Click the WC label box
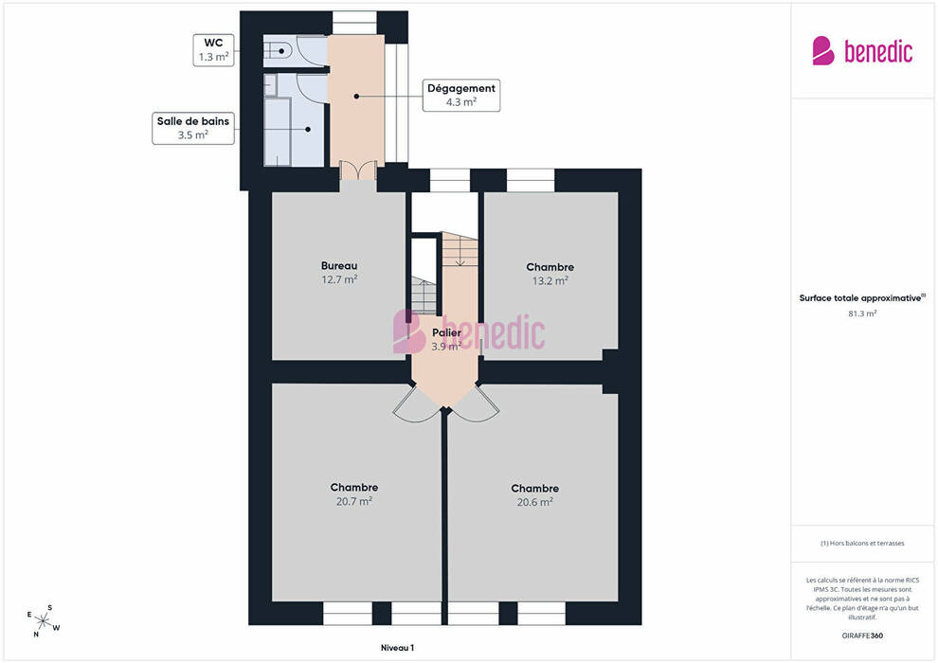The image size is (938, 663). click(x=213, y=50)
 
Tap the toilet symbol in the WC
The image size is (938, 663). click(x=279, y=51)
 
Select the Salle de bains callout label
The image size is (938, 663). click(x=192, y=128)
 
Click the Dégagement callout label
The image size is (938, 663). click(x=461, y=95)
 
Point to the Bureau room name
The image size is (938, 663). click(x=339, y=265)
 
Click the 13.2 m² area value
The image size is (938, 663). click(x=550, y=280)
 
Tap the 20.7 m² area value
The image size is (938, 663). click(x=354, y=501)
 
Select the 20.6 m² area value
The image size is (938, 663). click(x=534, y=502)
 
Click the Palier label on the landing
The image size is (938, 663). click(x=446, y=333)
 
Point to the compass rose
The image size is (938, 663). click(x=43, y=621)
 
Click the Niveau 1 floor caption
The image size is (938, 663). click(x=397, y=648)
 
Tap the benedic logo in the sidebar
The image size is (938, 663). click(x=862, y=51)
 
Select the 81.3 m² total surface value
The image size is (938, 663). click(x=862, y=314)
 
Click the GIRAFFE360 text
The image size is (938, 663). click(x=862, y=636)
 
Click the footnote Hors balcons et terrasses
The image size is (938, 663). click(x=862, y=544)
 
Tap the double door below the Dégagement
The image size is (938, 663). click(x=358, y=170)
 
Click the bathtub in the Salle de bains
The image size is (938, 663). click(x=277, y=131)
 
